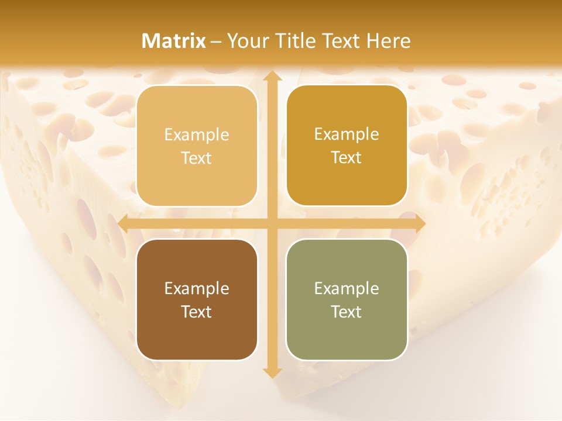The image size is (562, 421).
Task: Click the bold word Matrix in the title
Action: pyautogui.click(x=174, y=41)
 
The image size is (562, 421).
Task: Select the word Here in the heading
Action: pyautogui.click(x=389, y=41)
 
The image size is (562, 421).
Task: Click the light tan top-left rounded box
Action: pyautogui.click(x=197, y=146)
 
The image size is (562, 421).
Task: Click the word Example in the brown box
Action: pyautogui.click(x=197, y=288)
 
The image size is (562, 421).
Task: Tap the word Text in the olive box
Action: pyautogui.click(x=347, y=312)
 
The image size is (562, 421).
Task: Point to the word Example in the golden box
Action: pyautogui.click(x=347, y=134)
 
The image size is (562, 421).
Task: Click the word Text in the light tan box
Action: pyautogui.click(x=197, y=158)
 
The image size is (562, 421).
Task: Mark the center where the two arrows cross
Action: pyautogui.click(x=271, y=223)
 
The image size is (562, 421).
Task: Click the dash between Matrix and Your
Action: pyautogui.click(x=216, y=42)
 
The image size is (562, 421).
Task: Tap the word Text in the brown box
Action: pyautogui.click(x=197, y=312)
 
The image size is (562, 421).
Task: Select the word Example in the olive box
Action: pyautogui.click(x=347, y=288)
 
